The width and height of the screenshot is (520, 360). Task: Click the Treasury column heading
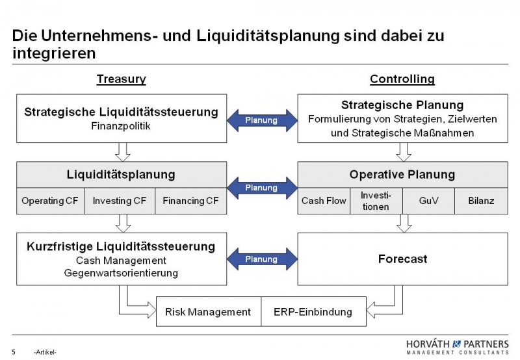point(121,79)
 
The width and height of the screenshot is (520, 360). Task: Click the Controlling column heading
point(402,79)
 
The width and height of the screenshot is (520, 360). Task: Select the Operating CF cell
point(50,201)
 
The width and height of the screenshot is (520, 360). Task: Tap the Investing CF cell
point(120,201)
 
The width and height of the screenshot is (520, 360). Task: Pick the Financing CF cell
point(191,201)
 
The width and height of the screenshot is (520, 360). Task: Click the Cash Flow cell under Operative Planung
point(324,201)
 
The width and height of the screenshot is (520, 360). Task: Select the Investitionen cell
point(376,200)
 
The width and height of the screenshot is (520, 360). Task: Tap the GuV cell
point(428,201)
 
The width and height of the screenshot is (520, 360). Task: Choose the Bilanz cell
point(481,201)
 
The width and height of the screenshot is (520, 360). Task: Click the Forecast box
point(402,259)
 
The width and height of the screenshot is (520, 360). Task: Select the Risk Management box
point(208,312)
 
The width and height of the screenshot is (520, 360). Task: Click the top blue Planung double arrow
point(261,120)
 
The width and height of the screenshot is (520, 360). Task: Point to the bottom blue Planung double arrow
point(261,259)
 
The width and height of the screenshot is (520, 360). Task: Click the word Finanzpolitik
point(121,126)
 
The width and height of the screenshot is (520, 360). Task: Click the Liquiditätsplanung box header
point(121,175)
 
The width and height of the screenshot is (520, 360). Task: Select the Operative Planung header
point(402,175)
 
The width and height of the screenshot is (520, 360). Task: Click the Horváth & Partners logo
point(458,346)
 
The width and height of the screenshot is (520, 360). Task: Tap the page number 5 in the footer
point(14,352)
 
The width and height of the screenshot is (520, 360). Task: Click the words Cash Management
point(121,261)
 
